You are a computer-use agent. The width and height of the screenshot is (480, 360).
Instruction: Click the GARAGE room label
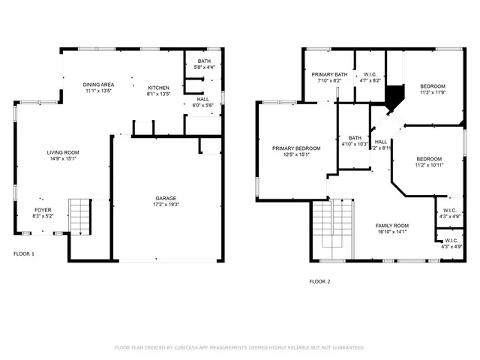pos(166,198)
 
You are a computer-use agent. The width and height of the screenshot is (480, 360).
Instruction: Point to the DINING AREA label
pos(97,85)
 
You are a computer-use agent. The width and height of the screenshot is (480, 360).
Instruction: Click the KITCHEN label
pos(159,88)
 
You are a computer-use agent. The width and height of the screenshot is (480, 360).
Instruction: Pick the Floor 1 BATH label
pos(204,61)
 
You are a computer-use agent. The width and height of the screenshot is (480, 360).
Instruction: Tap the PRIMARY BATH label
pos(330,74)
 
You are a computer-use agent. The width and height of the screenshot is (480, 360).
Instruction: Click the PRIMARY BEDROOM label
pos(296,148)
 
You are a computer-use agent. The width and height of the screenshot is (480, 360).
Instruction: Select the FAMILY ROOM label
pos(391,225)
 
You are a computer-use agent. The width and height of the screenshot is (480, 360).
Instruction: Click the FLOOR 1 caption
pos(24,253)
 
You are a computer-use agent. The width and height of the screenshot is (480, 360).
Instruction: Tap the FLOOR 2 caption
pos(319,281)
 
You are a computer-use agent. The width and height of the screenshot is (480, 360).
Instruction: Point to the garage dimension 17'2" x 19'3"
pos(166,204)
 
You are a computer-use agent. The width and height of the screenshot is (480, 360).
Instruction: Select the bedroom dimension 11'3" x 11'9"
pos(432,93)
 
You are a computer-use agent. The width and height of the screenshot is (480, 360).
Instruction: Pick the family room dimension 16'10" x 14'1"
pos(391,232)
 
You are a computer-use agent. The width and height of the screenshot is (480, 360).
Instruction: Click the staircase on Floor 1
pos(79,215)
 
